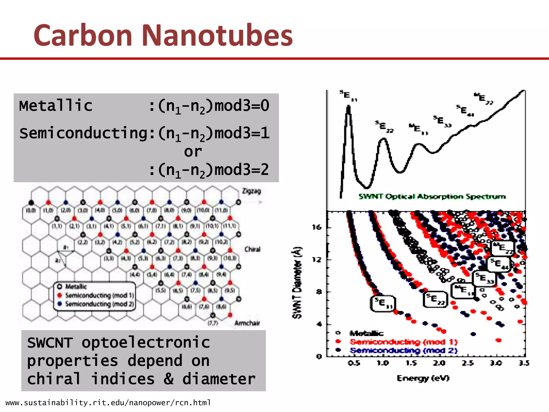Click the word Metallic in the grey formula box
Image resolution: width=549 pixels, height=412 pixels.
pyautogui.click(x=56, y=105)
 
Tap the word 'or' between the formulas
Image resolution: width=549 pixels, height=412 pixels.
pyautogui.click(x=193, y=152)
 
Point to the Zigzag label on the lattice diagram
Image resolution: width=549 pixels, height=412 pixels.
pyautogui.click(x=251, y=191)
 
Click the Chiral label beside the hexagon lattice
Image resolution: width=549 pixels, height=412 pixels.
pyautogui.click(x=252, y=249)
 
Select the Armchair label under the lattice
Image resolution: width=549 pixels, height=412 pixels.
pyautogui.click(x=247, y=323)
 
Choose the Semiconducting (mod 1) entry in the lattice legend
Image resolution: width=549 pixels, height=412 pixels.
pyautogui.click(x=99, y=295)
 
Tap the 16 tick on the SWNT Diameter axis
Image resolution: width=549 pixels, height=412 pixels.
pyautogui.click(x=317, y=227)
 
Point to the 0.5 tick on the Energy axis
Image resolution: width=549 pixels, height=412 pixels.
pyautogui.click(x=354, y=363)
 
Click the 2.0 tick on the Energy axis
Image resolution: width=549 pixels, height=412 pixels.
pyautogui.click(x=439, y=363)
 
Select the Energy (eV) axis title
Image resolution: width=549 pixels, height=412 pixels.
pyautogui.click(x=423, y=378)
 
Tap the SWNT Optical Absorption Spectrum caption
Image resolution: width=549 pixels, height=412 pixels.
pyautogui.click(x=432, y=197)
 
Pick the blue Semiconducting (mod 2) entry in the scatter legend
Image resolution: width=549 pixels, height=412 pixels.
pyautogui.click(x=403, y=351)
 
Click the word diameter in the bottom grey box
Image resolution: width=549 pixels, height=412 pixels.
pyautogui.click(x=219, y=379)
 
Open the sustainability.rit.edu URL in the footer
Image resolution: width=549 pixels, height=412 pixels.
pyautogui.click(x=108, y=403)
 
